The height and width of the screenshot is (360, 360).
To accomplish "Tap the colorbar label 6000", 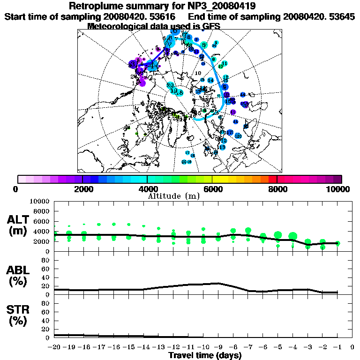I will (212, 189).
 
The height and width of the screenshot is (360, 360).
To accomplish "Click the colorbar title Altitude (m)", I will (174, 195).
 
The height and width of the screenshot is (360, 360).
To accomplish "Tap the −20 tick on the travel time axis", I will (54, 347).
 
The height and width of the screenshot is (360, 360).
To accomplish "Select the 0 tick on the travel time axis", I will (352, 347).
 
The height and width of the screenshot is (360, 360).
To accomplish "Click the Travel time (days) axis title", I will (205, 355).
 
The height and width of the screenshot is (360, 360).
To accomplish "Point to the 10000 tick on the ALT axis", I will (40, 202).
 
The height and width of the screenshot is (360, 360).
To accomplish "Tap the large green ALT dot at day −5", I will (277, 235).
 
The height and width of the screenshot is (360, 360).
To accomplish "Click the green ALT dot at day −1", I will (337, 243).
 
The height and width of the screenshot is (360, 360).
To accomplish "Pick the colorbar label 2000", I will (82, 189).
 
